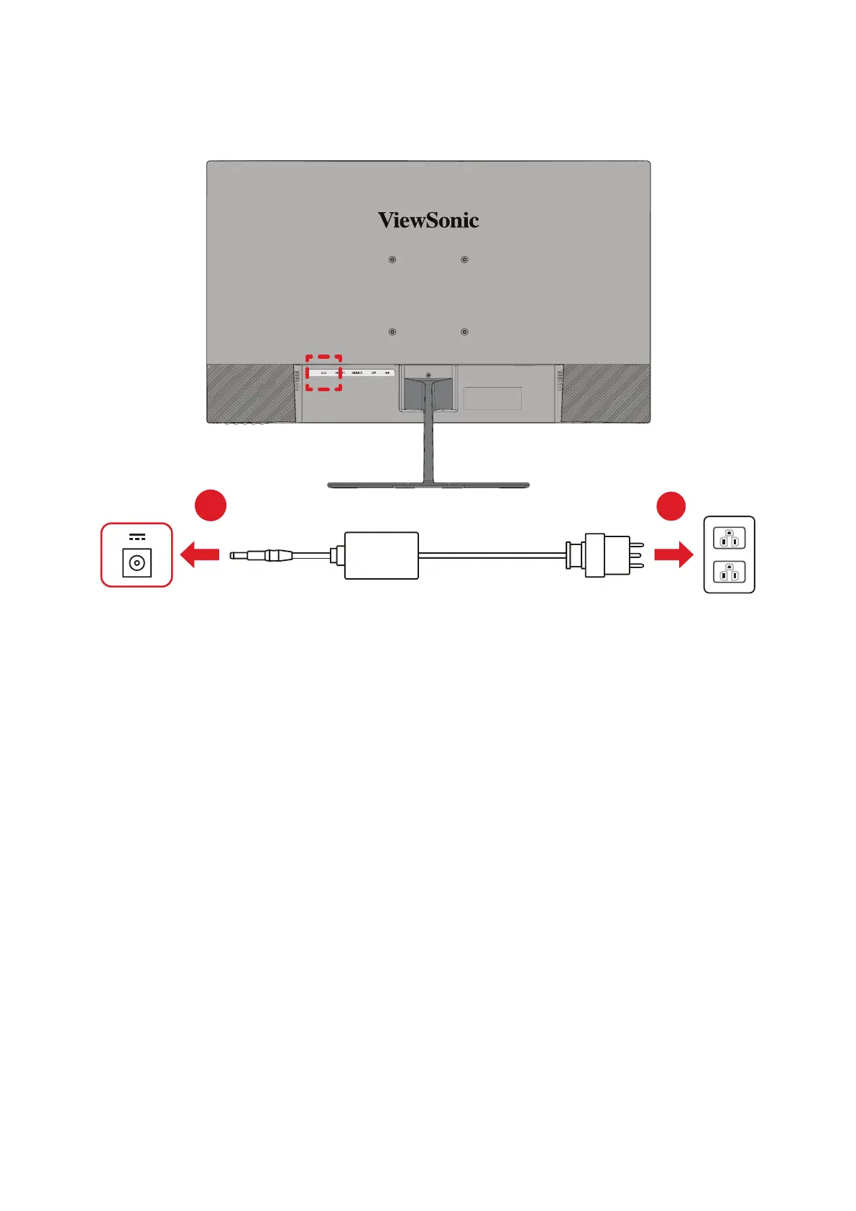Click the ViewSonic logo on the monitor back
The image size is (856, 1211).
tap(428, 220)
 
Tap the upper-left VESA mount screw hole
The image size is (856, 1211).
tap(392, 260)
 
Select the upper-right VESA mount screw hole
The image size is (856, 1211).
tap(464, 260)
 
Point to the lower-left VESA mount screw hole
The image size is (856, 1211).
tap(392, 332)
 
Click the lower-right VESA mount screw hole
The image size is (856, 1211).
tap(464, 332)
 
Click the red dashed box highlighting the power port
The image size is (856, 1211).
tap(323, 373)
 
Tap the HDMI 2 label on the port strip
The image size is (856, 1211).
tap(356, 373)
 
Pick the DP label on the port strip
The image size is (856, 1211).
tap(374, 373)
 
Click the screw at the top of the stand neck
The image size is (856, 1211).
tap(428, 375)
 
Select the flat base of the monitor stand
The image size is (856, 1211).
tap(428, 485)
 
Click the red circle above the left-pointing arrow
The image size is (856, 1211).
tap(211, 506)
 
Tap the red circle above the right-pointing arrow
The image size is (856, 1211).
tap(671, 506)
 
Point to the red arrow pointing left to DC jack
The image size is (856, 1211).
tap(199, 554)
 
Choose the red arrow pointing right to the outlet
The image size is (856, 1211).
tap(673, 554)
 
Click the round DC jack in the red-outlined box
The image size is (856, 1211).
tap(137, 562)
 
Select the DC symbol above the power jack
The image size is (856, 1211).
tap(137, 537)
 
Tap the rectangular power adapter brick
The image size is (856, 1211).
tap(381, 555)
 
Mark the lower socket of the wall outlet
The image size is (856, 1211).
tap(729, 572)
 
